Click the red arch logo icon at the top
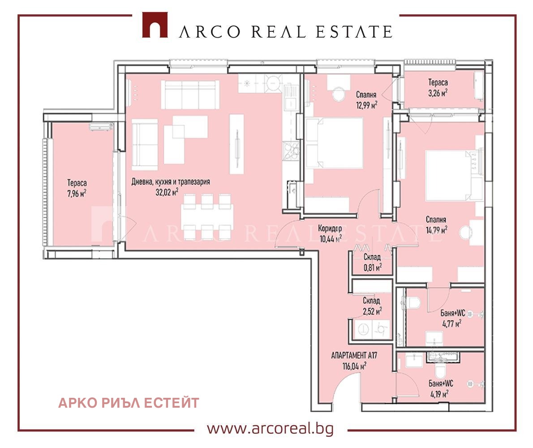pos(155,25)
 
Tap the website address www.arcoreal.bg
pos(270,429)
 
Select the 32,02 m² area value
pos(167,192)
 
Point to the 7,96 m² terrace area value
pos(77,194)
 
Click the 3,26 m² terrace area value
pos(438,93)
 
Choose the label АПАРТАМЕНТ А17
pos(354,356)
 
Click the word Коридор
pos(330,228)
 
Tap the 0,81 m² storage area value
pos(373,267)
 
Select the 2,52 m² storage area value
pos(372,311)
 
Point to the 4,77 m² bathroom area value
pos(452,323)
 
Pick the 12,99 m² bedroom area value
pos(366,105)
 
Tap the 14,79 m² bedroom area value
pos(436,230)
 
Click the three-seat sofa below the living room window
pos(190,95)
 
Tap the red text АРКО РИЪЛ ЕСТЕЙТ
pos(129,403)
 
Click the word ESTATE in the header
pos(354,32)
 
